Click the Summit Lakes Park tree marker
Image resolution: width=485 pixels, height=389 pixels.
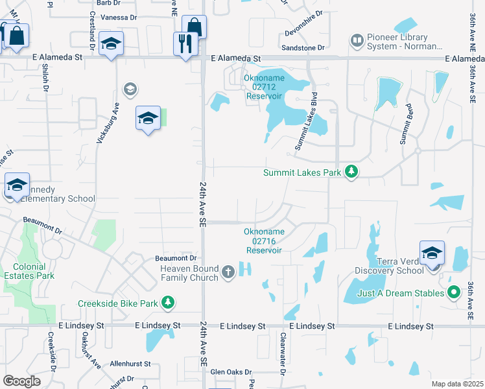tap(351, 172)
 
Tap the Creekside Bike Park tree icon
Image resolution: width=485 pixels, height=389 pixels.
tap(168, 303)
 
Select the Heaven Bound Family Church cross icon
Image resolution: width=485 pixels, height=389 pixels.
tap(228, 272)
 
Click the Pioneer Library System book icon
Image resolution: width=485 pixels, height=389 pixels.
tap(357, 41)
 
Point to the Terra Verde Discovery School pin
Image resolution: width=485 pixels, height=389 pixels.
tap(432, 253)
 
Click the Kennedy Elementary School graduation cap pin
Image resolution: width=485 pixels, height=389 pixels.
tap(17, 185)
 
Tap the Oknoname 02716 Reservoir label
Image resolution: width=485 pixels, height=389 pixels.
tap(263, 241)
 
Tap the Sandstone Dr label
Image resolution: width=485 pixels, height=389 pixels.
tap(302, 48)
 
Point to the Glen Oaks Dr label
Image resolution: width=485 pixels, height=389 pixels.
tap(226, 371)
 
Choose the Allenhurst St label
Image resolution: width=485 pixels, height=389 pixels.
tap(130, 364)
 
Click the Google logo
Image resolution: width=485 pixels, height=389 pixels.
tap(21, 381)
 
